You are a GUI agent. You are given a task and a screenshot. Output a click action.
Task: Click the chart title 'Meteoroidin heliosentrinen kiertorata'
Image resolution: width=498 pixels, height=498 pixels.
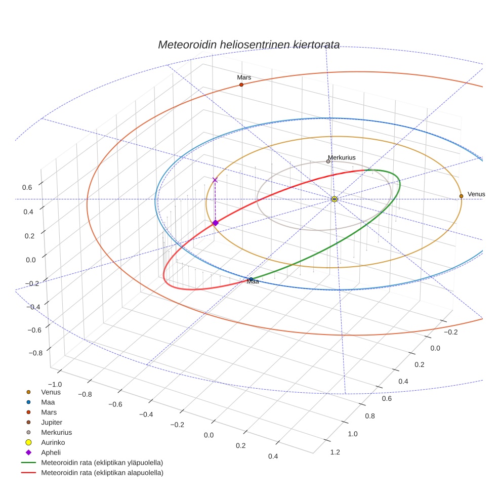(x=248, y=45)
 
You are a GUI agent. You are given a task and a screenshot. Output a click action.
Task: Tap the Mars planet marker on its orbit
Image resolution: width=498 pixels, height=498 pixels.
(x=241, y=85)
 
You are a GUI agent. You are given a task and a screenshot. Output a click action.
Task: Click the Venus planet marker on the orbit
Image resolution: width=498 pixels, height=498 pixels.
(x=461, y=196)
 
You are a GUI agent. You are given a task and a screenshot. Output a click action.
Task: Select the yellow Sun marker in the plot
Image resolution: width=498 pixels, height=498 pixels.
(x=335, y=199)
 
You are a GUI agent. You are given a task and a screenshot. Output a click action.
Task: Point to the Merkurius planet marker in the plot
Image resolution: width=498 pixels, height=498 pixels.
(x=328, y=161)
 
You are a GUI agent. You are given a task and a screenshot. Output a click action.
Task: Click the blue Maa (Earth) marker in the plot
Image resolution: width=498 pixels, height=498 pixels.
(x=251, y=279)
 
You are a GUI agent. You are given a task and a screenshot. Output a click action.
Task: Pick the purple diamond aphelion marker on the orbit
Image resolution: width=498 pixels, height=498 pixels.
(x=215, y=223)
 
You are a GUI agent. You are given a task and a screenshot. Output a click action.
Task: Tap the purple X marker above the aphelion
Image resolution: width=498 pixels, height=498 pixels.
(x=215, y=180)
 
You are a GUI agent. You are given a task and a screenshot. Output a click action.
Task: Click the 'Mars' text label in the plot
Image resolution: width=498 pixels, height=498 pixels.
(x=244, y=77)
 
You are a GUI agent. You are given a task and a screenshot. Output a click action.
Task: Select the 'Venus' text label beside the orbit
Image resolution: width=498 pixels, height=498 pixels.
(x=476, y=194)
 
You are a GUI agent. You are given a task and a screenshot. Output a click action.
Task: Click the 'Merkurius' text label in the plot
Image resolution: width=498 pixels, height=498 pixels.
(x=342, y=157)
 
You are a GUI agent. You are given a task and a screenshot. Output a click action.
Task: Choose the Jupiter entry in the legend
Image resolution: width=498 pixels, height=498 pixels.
(x=52, y=422)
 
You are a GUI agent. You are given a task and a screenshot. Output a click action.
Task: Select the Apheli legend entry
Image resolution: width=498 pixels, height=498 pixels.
(x=51, y=452)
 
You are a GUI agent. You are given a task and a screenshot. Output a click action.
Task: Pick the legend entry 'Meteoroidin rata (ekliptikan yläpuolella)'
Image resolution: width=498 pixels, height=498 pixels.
(x=102, y=463)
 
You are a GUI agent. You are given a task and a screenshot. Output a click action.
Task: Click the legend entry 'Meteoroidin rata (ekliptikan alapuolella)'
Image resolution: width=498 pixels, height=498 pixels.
(x=102, y=473)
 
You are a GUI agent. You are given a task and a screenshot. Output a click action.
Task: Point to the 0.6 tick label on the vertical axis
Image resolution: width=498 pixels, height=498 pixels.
(x=27, y=187)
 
